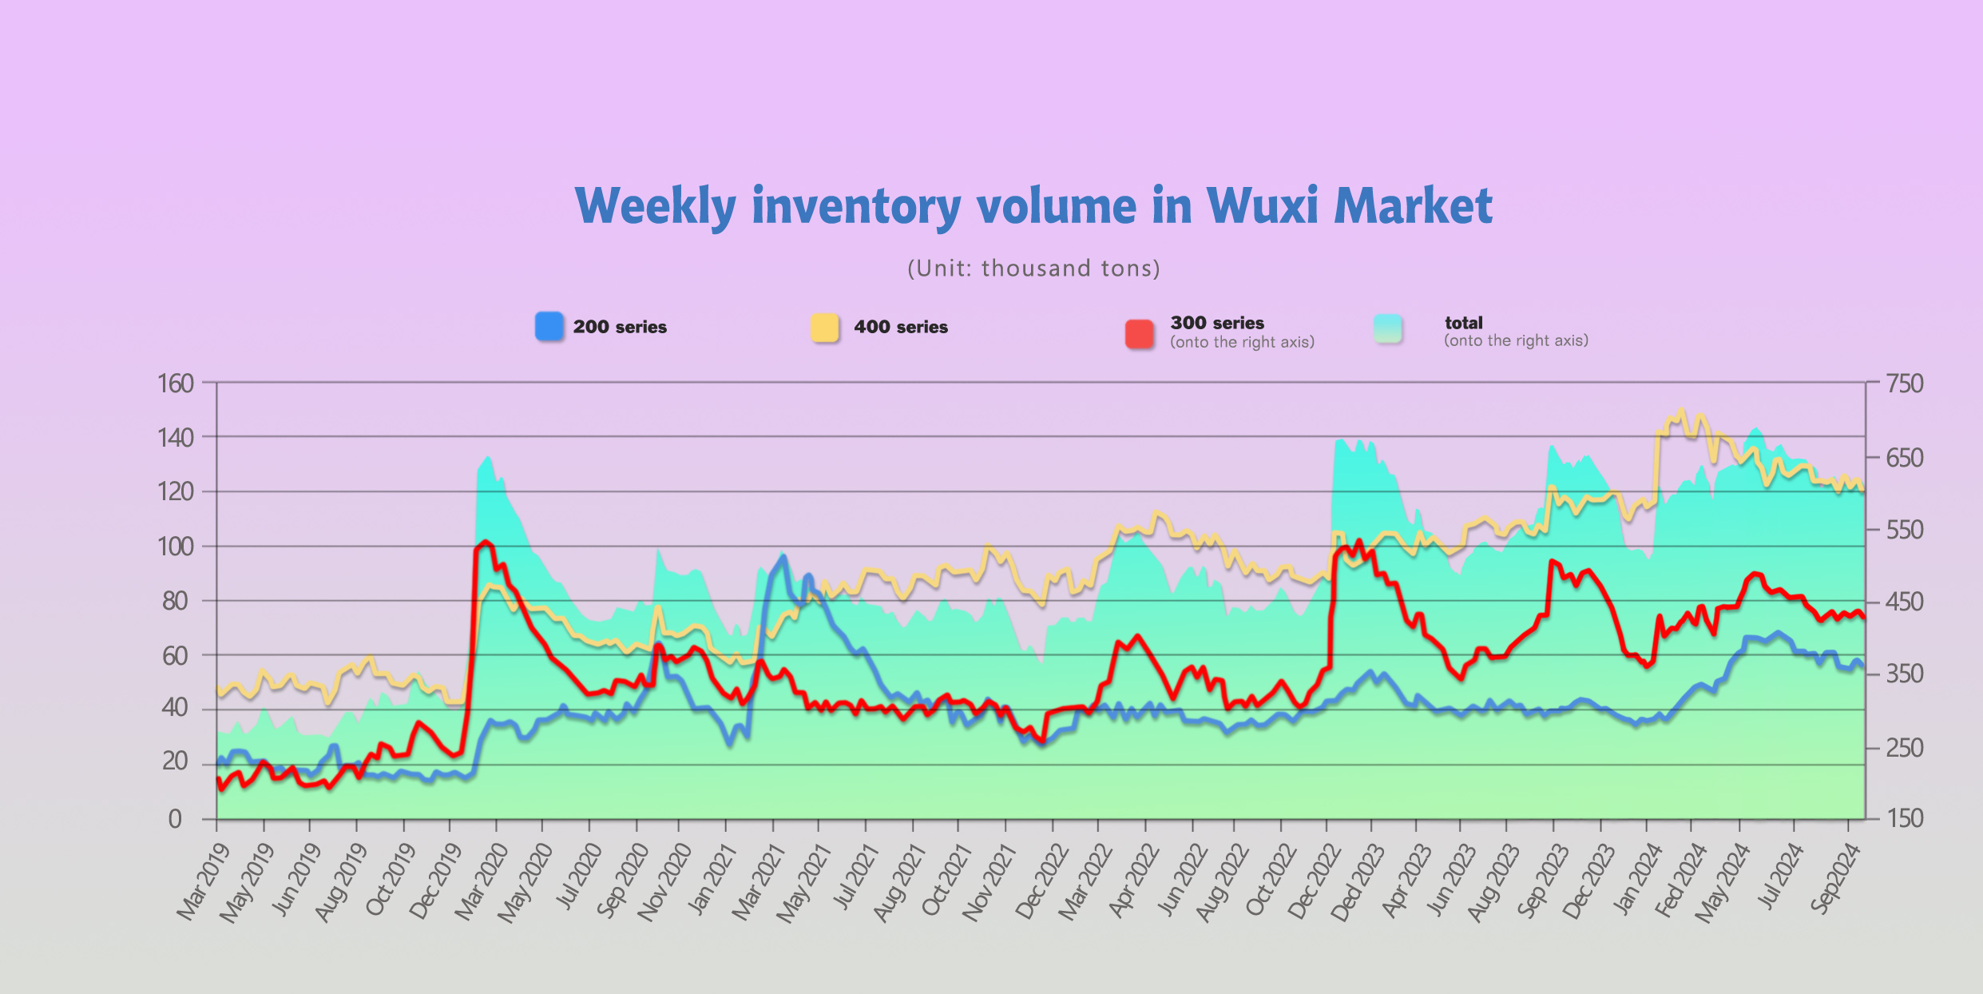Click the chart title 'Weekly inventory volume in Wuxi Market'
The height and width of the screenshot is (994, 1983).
coord(1033,206)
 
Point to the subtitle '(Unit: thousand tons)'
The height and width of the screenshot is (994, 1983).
coord(1033,268)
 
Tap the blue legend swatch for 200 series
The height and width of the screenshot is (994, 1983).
coord(549,327)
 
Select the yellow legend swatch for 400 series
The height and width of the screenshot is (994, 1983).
coord(825,328)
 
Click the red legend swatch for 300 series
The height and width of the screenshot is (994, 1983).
coord(1140,334)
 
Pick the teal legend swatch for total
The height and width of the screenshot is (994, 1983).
coord(1388,328)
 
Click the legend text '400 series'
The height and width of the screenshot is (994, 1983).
coord(901,327)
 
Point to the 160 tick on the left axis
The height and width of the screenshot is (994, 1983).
coord(176,384)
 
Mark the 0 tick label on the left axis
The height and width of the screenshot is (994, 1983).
coord(175,819)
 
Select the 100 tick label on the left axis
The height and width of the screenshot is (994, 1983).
coord(176,547)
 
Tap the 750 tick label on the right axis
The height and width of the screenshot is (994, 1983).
coord(1905,384)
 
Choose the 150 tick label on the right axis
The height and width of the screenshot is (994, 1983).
coord(1905,818)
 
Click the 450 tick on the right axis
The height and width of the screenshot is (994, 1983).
coord(1905,601)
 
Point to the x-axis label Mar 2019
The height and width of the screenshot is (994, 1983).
coord(203,882)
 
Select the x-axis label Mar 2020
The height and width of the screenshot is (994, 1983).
coord(482,882)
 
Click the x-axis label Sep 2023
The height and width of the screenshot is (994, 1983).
coord(1542,882)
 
